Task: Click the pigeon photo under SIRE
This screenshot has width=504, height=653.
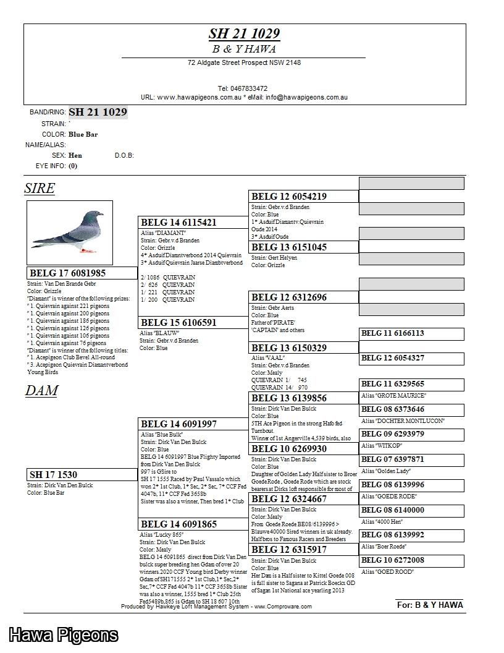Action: pos(70,232)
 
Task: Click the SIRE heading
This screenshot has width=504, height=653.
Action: pos(40,189)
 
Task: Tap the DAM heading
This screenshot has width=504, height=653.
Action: pos(41,391)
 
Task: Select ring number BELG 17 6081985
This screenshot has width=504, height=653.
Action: pos(68,273)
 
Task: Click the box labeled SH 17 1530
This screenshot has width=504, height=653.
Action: pos(54,475)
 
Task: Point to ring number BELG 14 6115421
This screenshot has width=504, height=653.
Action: pos(178,223)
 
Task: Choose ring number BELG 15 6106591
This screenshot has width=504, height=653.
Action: pos(178,323)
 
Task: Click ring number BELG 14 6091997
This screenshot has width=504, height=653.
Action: pos(179,424)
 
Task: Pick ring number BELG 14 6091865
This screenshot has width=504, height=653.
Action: pos(179,524)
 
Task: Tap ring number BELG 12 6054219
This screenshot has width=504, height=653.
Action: pos(289,197)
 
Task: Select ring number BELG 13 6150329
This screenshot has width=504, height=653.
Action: pos(289,348)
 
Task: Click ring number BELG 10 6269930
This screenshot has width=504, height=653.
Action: pos(289,449)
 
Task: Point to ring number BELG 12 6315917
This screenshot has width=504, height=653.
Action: pos(289,550)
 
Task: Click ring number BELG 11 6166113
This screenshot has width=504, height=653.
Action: pos(393,333)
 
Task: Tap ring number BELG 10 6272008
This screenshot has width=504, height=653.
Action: pos(393,560)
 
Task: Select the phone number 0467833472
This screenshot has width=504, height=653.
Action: pos(243,89)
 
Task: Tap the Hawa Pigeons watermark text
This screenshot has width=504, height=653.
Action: pos(63,635)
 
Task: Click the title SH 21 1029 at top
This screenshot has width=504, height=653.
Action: pos(244,34)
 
